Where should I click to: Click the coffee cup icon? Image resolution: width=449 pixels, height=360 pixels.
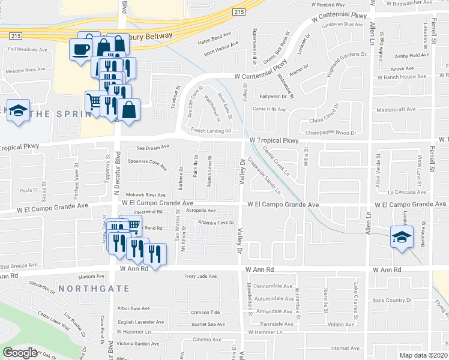coord(80,49)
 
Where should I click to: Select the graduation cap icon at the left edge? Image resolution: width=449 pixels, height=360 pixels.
coord(19,111)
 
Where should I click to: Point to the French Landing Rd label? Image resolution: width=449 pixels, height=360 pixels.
coord(211,130)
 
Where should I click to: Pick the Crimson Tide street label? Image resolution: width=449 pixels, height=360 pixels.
coord(206,313)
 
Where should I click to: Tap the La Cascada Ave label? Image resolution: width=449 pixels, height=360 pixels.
coord(406,193)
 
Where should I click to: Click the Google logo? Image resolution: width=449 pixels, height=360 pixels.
coord(20,352)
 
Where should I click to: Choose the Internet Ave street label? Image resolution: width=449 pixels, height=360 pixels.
coord(345,348)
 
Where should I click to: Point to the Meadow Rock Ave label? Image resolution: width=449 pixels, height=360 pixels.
coord(25,70)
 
